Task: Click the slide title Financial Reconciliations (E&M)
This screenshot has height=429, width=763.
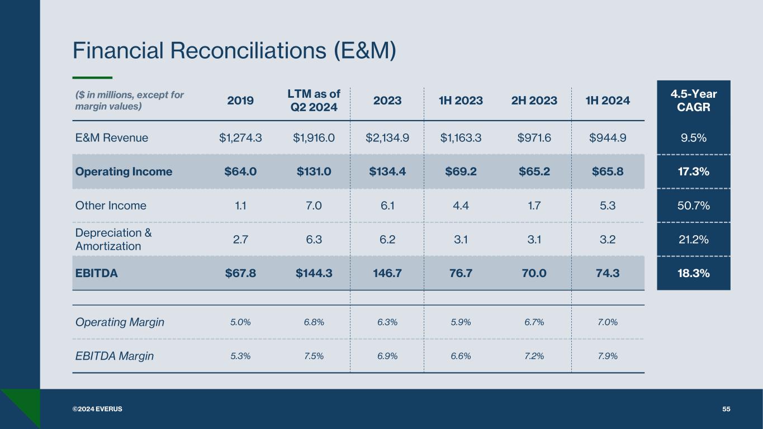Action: pyautogui.click(x=234, y=51)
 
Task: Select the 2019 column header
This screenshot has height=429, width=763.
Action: pyautogui.click(x=240, y=101)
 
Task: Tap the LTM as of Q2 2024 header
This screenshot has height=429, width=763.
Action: pyautogui.click(x=313, y=101)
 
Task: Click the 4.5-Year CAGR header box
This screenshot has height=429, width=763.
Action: pyautogui.click(x=694, y=101)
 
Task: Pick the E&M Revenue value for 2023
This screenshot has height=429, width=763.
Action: pyautogui.click(x=387, y=137)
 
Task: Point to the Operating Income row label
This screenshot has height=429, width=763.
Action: pyautogui.click(x=124, y=171)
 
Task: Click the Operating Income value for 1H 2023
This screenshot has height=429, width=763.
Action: pyautogui.click(x=461, y=171)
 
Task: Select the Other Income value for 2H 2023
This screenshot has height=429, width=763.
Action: pyautogui.click(x=535, y=206)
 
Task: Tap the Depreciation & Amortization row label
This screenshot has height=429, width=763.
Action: pyautogui.click(x=113, y=239)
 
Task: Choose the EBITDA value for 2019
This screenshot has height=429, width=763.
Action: pyautogui.click(x=240, y=273)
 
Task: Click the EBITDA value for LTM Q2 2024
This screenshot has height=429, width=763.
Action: pyautogui.click(x=314, y=273)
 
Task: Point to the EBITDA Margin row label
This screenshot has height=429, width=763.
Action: pyautogui.click(x=114, y=356)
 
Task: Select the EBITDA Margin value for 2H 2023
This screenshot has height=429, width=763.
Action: pyautogui.click(x=535, y=356)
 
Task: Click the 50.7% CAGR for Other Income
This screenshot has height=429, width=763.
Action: pyautogui.click(x=694, y=206)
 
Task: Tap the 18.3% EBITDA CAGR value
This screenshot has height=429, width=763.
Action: pyautogui.click(x=694, y=273)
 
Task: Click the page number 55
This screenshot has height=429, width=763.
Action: pyautogui.click(x=726, y=409)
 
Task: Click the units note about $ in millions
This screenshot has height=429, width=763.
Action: pyautogui.click(x=129, y=101)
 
